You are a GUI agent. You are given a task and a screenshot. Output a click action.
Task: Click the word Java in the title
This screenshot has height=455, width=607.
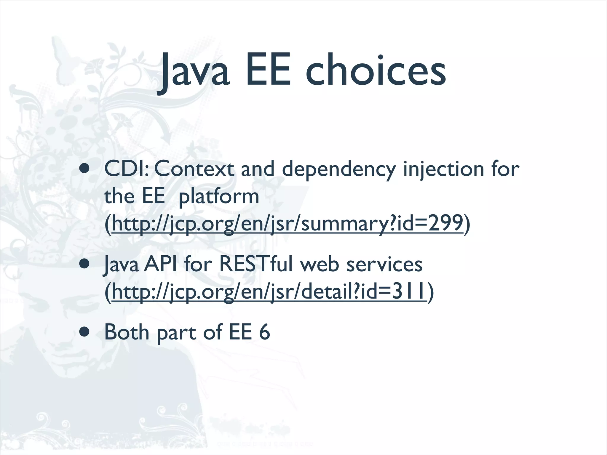coord(194,73)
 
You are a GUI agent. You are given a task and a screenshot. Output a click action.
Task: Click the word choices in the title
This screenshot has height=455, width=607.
coord(376,71)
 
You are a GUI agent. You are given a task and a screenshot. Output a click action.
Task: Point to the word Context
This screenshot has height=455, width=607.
coord(194,169)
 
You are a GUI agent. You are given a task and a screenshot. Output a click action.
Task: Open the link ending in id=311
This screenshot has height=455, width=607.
coord(269,292)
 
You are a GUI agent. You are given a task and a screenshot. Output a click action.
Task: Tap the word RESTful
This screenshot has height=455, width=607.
coord(255,264)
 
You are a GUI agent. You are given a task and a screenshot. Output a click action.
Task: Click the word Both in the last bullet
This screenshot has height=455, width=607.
coord(127,332)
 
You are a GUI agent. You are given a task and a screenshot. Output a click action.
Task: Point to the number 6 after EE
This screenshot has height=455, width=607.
coord(264,332)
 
